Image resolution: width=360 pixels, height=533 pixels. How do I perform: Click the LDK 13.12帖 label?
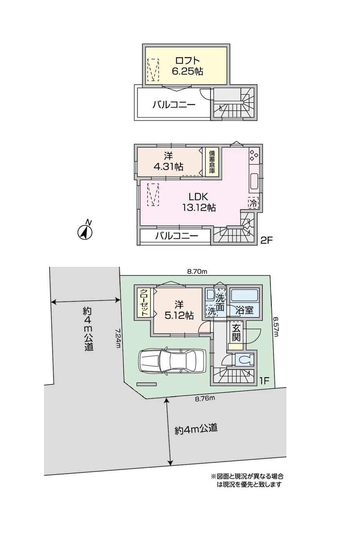coord(199,202)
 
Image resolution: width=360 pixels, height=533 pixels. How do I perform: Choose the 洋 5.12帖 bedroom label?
coord(179,310)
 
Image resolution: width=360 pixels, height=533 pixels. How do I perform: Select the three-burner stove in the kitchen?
coord(254,155)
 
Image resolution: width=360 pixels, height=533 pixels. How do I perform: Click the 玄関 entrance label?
coord(236,333)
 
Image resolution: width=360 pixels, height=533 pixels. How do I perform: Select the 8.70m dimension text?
coord(197,271)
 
